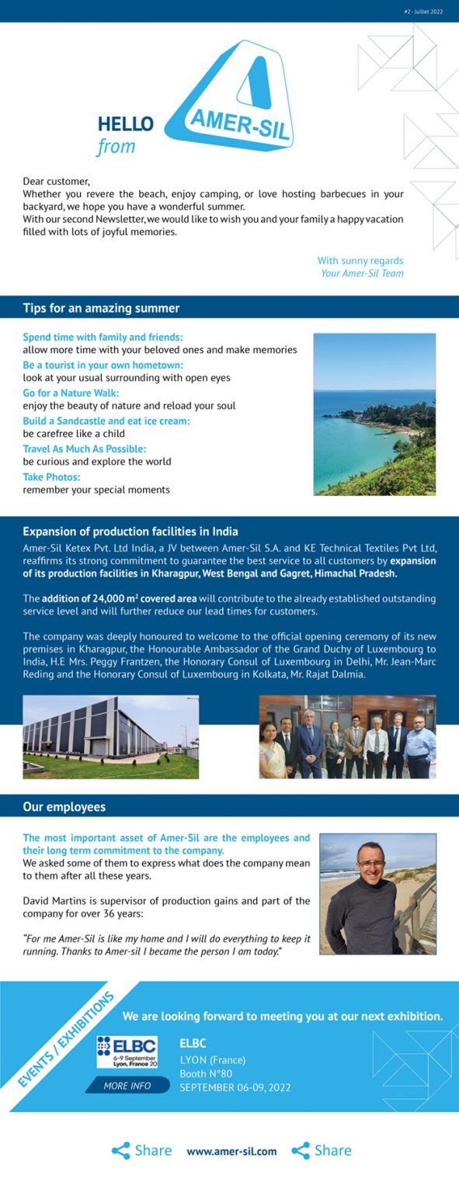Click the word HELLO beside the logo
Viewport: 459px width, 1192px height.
click(126, 124)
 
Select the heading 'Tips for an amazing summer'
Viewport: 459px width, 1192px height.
click(101, 308)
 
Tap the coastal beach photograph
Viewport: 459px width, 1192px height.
click(374, 414)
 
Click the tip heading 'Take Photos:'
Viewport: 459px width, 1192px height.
click(51, 477)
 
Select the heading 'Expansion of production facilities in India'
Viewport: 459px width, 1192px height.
click(130, 532)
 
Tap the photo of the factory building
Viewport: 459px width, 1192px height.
click(110, 736)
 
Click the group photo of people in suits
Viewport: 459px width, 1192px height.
click(347, 736)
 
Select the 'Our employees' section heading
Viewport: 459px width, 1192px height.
click(64, 807)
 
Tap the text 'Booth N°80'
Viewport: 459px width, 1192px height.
click(206, 1073)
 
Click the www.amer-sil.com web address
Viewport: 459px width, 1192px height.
click(231, 1152)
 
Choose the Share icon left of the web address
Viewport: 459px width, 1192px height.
click(121, 1151)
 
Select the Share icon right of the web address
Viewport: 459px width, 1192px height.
click(301, 1151)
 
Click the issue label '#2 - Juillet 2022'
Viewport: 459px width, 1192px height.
click(423, 12)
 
